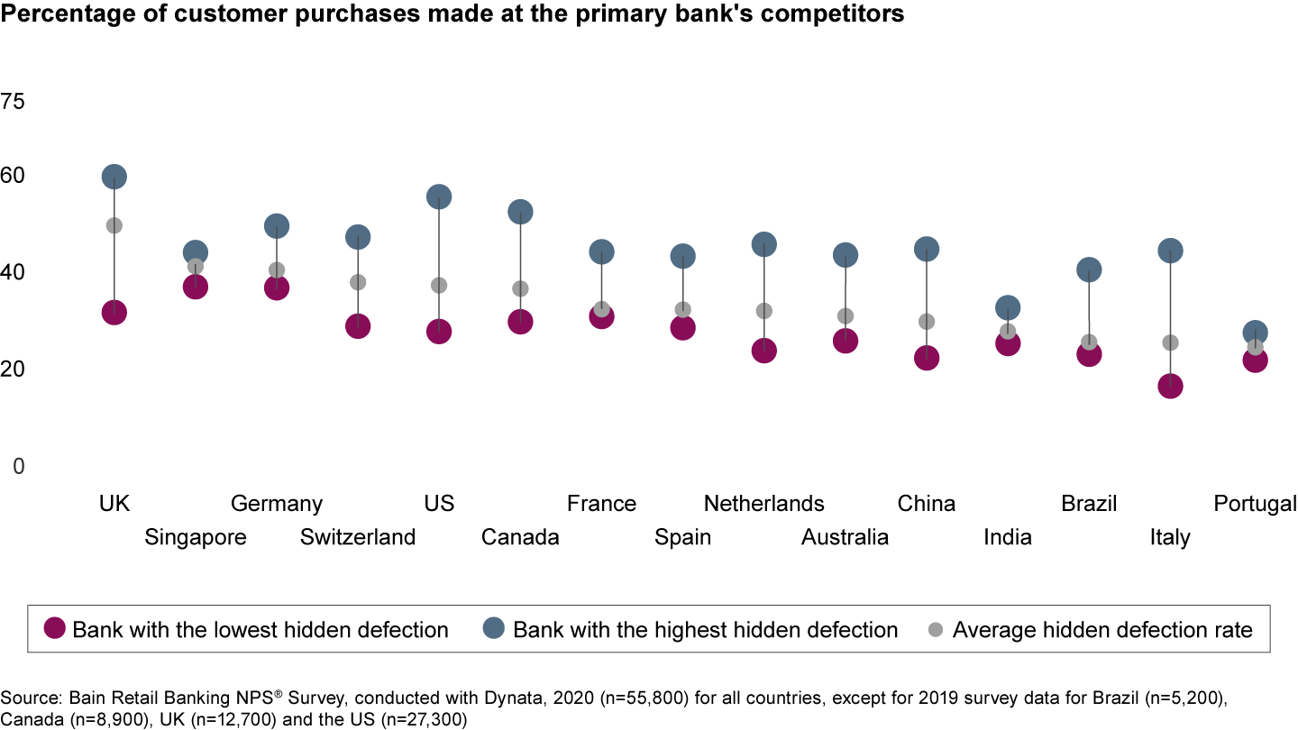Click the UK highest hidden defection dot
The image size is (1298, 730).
pos(114,177)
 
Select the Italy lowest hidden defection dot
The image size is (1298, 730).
pos(1170,387)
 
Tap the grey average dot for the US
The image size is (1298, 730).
pos(439,286)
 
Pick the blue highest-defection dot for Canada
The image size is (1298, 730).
pos(520,212)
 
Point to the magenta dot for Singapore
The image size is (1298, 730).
pos(196,287)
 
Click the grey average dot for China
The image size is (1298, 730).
pos(927,322)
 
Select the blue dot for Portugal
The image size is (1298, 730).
pos(1255,333)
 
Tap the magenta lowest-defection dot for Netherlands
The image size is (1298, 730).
pos(764,351)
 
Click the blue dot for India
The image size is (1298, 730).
pos(1008,308)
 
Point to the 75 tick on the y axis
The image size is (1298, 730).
pos(14,102)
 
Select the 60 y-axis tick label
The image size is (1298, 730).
pos(14,175)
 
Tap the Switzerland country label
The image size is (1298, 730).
pos(358,538)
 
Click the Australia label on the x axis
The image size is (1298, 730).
pos(845,538)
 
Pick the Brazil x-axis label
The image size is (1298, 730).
pos(1089,504)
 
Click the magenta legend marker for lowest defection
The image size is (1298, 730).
pos(56,630)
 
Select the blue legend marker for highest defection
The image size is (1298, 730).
pos(496,630)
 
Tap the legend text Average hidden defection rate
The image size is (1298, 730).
pos(1102,630)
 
